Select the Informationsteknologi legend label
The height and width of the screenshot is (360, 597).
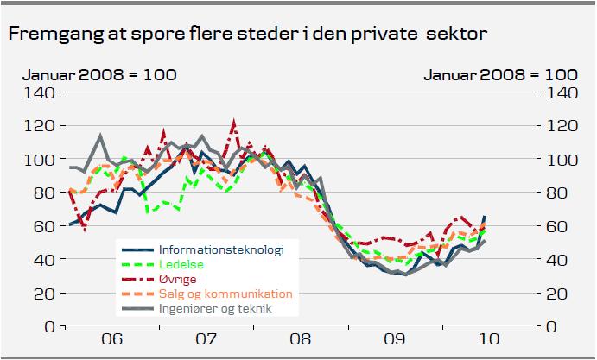221,250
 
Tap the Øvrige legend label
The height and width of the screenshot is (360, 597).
178,279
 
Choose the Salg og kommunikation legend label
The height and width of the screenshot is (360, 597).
225,294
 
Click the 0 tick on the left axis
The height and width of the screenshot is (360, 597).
50,326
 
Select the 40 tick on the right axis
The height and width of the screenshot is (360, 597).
559,260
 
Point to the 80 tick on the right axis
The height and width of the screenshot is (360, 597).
559,193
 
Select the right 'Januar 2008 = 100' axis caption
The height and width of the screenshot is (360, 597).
501,75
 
